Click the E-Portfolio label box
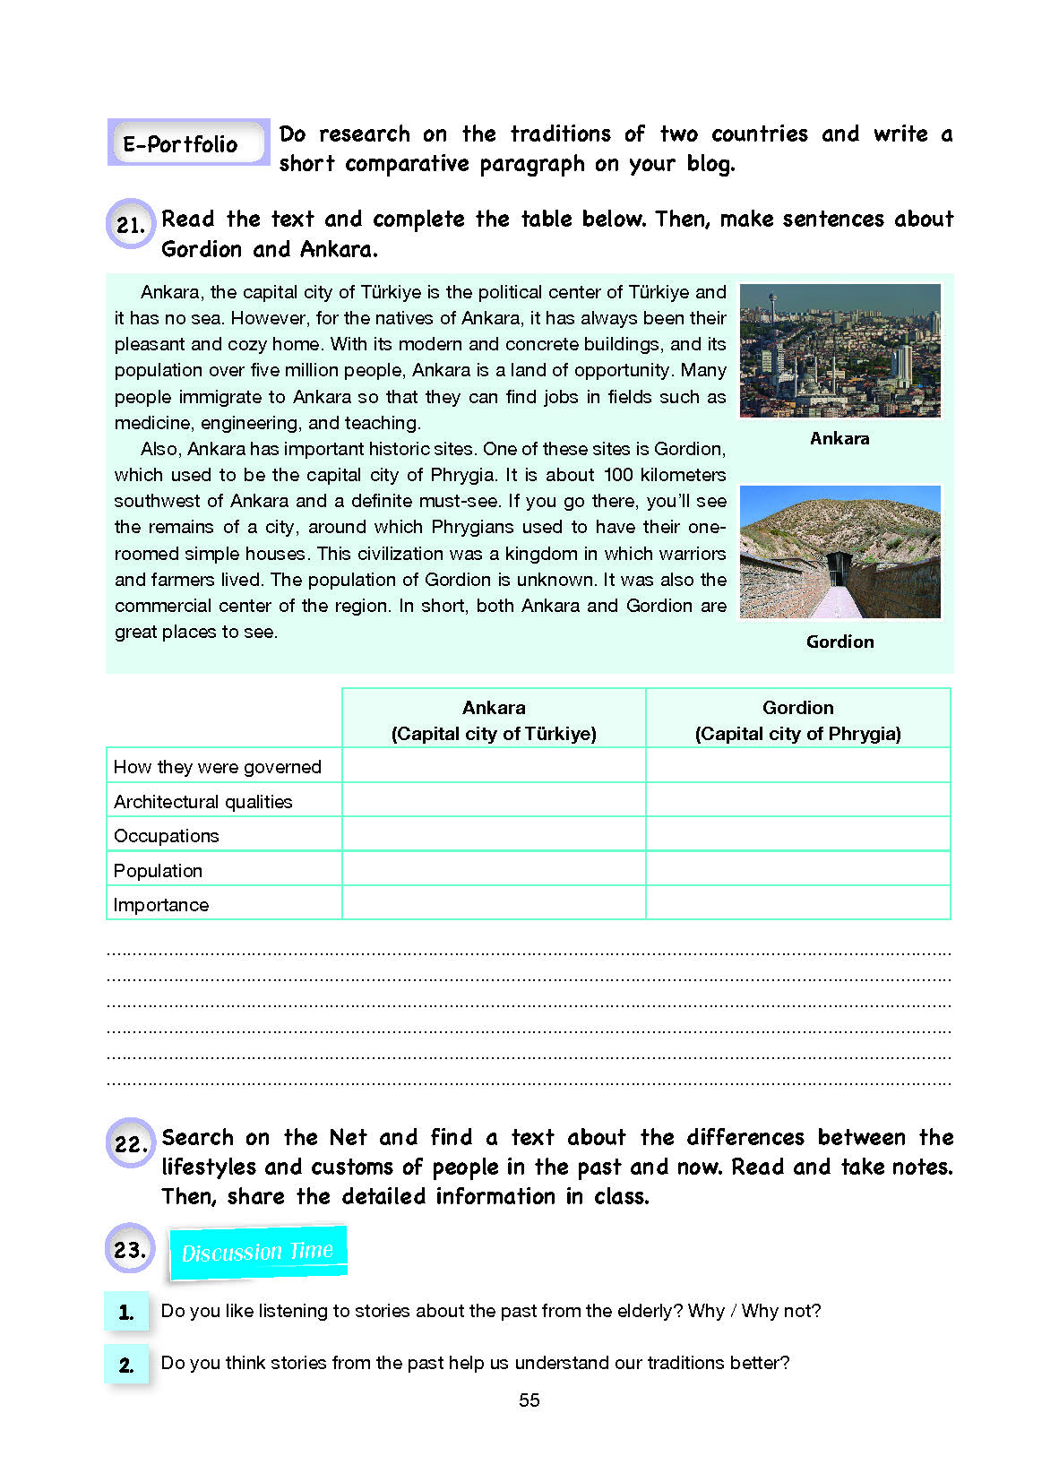187,143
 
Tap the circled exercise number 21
131,224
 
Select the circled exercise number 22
131,1143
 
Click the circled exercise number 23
131,1248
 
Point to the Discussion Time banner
257,1252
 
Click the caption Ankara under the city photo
839,438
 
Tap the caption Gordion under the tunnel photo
839,642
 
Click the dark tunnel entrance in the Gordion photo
839,568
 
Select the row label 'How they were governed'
218,767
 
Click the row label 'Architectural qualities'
203,802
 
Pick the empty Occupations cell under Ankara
494,835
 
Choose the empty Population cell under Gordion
797,869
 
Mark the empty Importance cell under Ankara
494,903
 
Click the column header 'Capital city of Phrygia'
797,734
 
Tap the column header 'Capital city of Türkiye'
494,734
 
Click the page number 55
529,1400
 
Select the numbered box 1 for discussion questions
126,1313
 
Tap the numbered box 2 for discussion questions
126,1365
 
